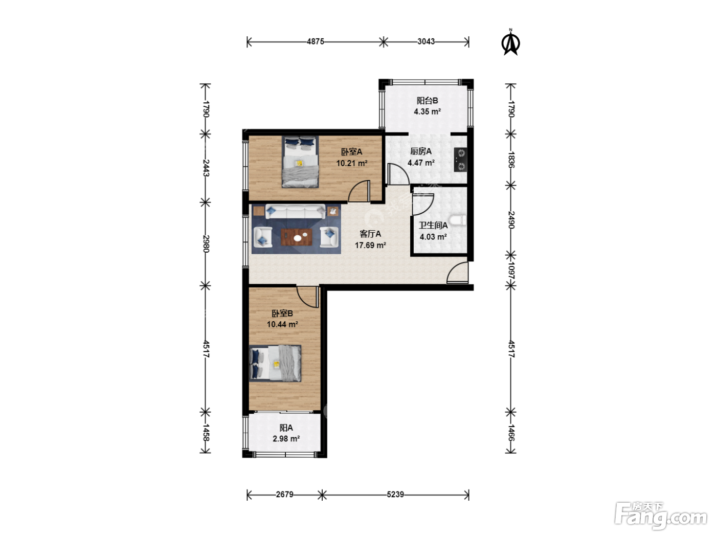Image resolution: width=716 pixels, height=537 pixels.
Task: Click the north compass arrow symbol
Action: (510, 42)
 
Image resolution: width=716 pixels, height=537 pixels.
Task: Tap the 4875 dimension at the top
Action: (316, 42)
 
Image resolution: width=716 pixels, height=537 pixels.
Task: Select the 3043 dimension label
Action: (426, 42)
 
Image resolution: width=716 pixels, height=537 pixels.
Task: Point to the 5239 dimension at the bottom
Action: (395, 495)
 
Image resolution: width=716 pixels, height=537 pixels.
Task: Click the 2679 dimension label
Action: (284, 495)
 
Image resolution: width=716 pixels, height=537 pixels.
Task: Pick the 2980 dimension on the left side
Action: (206, 244)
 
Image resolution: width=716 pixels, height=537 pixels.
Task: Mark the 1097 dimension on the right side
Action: (511, 271)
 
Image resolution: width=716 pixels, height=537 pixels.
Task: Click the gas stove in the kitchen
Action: (460, 160)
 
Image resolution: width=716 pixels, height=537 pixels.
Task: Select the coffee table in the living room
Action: (297, 237)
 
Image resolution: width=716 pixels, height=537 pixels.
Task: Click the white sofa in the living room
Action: (296, 212)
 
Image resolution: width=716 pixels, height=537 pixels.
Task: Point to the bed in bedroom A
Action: (300, 162)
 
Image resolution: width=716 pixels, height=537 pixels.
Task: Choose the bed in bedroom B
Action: (275, 363)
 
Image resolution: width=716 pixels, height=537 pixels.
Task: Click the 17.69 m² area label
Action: (371, 245)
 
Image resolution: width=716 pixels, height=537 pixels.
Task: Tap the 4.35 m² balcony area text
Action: (428, 111)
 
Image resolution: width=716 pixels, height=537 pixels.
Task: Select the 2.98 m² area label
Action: (286, 439)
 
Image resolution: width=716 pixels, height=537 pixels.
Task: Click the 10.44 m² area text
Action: (282, 324)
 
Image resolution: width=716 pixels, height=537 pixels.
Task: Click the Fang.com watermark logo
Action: (661, 516)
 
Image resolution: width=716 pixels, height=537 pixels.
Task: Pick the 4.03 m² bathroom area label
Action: (433, 237)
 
